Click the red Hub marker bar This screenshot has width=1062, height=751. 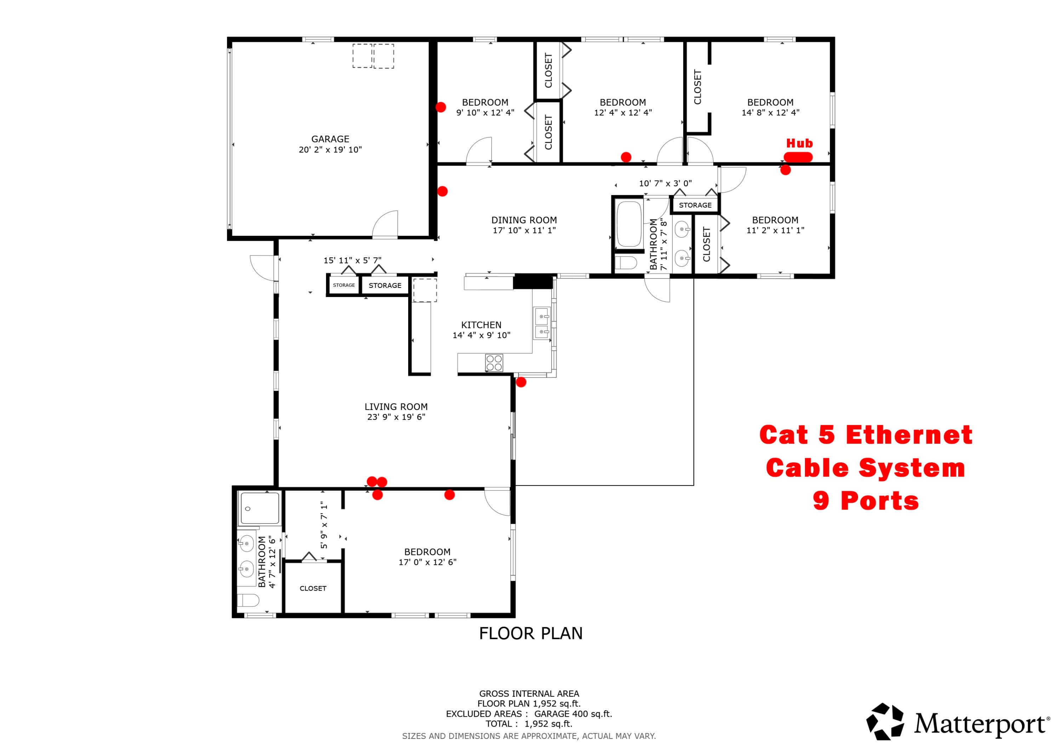[798, 157]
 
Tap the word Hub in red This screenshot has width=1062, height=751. [799, 143]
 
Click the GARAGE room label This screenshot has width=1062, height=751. [330, 139]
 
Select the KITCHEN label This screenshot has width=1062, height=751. [481, 325]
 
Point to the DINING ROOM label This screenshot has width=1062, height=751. [524, 220]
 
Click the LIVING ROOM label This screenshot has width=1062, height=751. [396, 407]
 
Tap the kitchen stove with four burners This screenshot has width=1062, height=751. [494, 363]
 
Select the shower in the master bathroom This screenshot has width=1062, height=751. [259, 508]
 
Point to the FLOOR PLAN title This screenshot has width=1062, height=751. [531, 633]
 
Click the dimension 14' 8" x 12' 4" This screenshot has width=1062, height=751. [771, 113]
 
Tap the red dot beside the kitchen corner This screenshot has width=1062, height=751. [521, 382]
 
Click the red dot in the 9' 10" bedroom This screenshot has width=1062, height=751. [440, 107]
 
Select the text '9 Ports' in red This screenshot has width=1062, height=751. [866, 501]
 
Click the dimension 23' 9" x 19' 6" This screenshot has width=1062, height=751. [396, 417]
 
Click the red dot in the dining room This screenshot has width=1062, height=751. [442, 191]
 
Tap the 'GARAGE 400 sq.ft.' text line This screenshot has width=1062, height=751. [573, 714]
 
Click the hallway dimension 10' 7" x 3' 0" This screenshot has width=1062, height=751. [665, 183]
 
